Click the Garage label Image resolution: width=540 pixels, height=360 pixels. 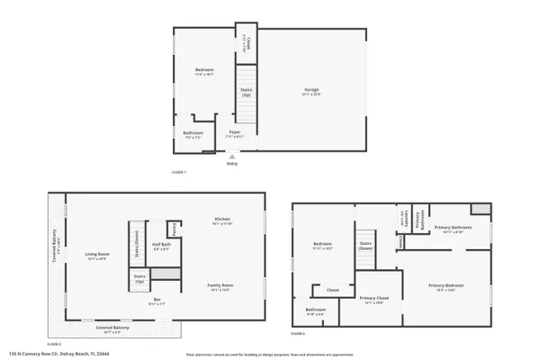coord(311,89)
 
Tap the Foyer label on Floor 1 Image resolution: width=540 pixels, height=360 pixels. coord(234,132)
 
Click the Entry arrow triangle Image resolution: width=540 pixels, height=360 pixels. coord(232,155)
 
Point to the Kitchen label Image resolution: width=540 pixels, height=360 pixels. coord(223,219)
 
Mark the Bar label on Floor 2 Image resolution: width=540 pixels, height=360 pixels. coord(156,300)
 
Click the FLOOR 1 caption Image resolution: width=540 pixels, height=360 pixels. coord(178,171)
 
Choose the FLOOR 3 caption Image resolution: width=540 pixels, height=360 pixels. coord(298,333)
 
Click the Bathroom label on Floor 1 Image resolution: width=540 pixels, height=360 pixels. coord(193,133)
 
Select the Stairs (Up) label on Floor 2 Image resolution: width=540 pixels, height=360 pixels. coord(139,278)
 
